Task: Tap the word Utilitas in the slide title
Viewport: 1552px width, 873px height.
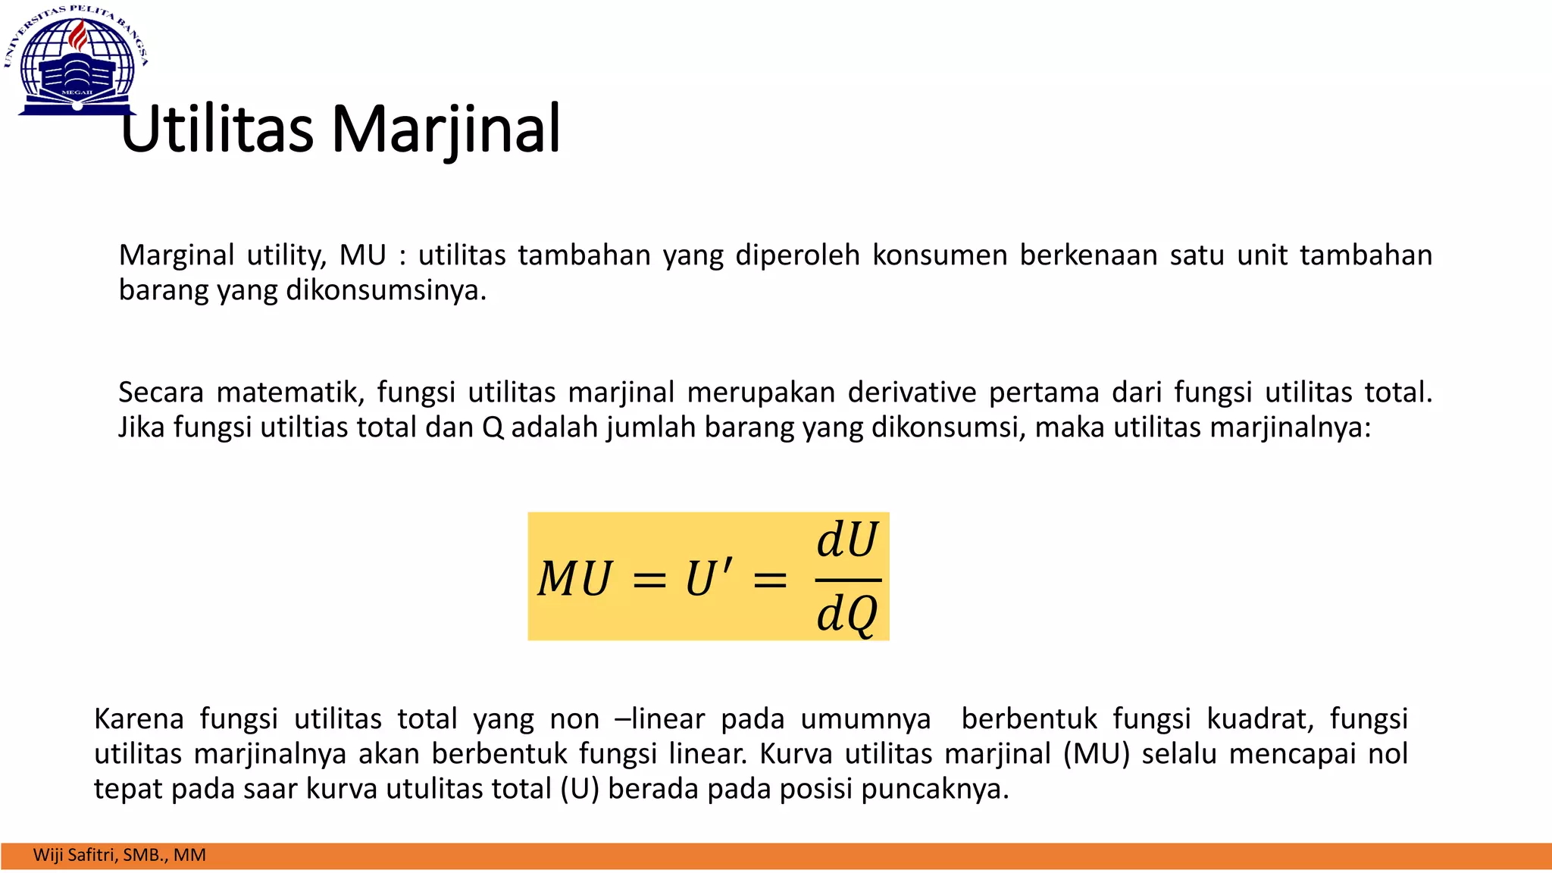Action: pos(217,129)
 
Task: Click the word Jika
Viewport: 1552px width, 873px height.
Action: pos(142,427)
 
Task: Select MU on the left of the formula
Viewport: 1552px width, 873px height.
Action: pos(574,579)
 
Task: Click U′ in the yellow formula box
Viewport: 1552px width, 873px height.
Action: pos(709,579)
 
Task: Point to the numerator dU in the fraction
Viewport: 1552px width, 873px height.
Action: pos(847,540)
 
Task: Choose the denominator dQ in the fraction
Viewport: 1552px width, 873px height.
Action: pos(847,613)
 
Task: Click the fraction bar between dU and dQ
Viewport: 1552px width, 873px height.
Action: pos(847,580)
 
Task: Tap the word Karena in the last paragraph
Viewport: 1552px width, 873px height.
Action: pos(139,718)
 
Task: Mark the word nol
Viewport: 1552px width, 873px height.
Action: pos(1388,754)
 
